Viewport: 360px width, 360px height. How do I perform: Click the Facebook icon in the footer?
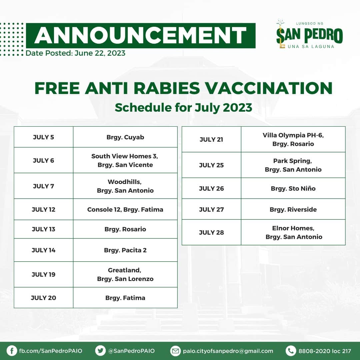coord(12,351)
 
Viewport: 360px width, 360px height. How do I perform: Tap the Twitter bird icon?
coord(100,351)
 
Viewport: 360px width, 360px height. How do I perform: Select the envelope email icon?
coord(175,351)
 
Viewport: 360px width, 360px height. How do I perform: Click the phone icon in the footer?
coord(291,351)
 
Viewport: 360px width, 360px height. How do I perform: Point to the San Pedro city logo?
coord(309,34)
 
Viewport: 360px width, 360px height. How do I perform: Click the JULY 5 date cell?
coord(43,137)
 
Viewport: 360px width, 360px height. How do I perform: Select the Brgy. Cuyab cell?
coord(125,137)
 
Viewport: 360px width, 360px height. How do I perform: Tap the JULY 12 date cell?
coord(43,209)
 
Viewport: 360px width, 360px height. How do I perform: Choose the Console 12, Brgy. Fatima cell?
coord(125,209)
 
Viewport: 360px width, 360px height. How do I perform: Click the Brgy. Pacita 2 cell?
coord(125,250)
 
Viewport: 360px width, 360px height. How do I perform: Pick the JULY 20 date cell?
coord(43,298)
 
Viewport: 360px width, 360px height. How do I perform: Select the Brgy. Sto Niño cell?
coord(293,188)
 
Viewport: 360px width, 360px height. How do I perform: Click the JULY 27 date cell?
coord(211,209)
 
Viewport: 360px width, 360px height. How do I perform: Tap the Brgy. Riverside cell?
coord(293,209)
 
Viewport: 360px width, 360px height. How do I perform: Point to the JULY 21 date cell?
coord(211,139)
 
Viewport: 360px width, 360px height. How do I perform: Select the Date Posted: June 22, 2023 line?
coord(76,53)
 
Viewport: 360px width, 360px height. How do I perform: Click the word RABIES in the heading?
coord(167,88)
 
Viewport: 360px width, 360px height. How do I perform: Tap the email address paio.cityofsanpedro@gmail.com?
coord(228,351)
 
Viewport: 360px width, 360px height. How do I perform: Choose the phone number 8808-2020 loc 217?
coord(325,351)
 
